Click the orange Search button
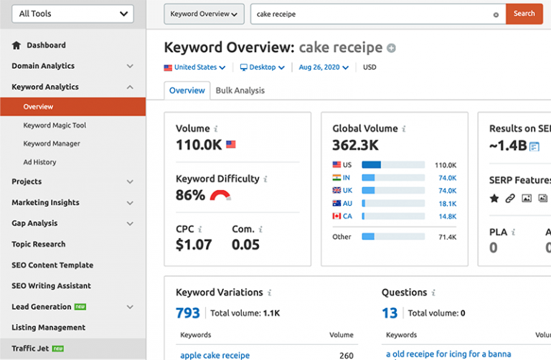tap(524, 14)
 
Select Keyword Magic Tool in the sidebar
tap(55, 125)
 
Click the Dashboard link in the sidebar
tap(46, 45)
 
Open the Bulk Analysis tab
tap(240, 90)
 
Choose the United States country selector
tap(194, 67)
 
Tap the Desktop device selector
tap(262, 67)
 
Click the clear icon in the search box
tap(496, 14)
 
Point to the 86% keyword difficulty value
tap(190, 195)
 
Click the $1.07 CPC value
tap(194, 245)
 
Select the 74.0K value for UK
tap(447, 191)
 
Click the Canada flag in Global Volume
tap(337, 216)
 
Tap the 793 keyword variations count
tap(189, 313)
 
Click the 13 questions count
tap(390, 313)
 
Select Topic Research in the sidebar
tap(38, 245)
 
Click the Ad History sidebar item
tap(39, 162)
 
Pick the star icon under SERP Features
tap(494, 199)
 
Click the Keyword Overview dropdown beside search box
tap(204, 14)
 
